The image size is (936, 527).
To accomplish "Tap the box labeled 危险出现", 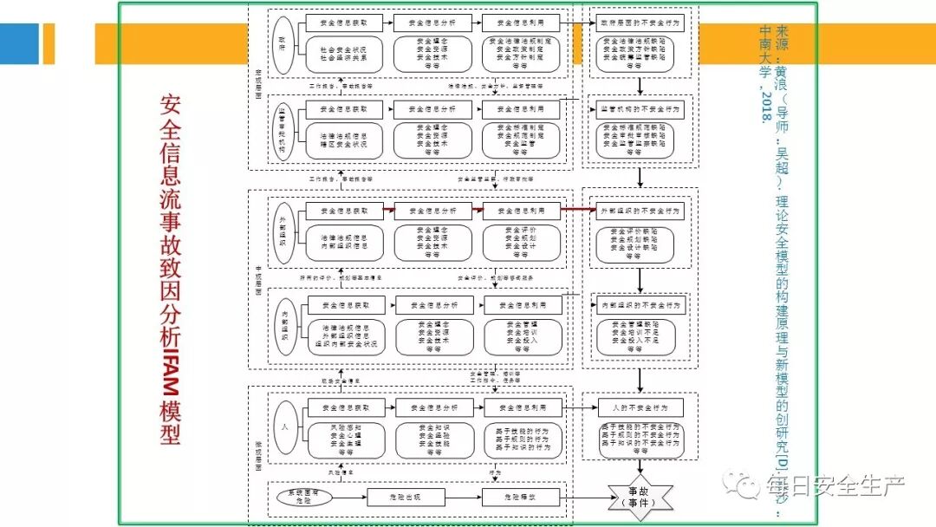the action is point(406,498).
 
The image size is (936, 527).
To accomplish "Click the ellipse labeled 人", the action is point(283,427).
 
